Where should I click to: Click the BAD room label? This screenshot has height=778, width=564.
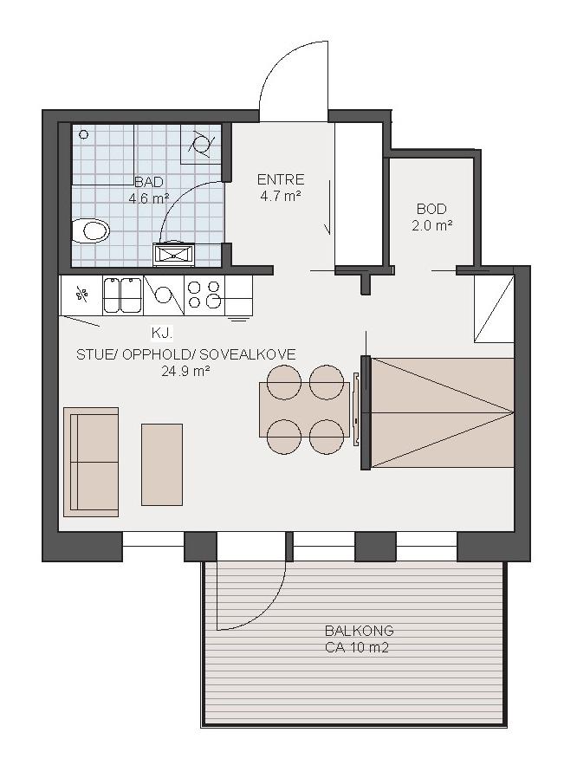[149, 182]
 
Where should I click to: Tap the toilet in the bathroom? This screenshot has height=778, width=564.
[90, 230]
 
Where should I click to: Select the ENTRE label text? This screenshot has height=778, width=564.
[280, 179]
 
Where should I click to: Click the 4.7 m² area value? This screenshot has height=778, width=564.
[280, 196]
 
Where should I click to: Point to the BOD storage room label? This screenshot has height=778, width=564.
[431, 209]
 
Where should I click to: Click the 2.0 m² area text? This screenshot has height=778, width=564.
[431, 226]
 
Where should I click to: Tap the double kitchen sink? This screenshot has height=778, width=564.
[122, 295]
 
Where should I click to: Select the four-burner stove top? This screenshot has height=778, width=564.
[204, 295]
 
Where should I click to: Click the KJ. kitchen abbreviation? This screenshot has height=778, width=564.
[162, 333]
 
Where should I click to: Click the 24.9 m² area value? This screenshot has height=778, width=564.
[185, 371]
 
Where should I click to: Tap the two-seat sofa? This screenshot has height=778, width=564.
[91, 462]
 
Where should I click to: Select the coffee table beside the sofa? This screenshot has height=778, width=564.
[162, 464]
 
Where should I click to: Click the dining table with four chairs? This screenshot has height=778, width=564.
[305, 409]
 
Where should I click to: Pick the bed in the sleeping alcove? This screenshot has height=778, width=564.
[442, 412]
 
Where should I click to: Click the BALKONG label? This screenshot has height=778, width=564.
[360, 631]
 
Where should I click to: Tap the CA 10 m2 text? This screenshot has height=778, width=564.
[357, 647]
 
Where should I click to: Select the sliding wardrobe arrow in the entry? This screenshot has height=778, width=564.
[327, 208]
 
